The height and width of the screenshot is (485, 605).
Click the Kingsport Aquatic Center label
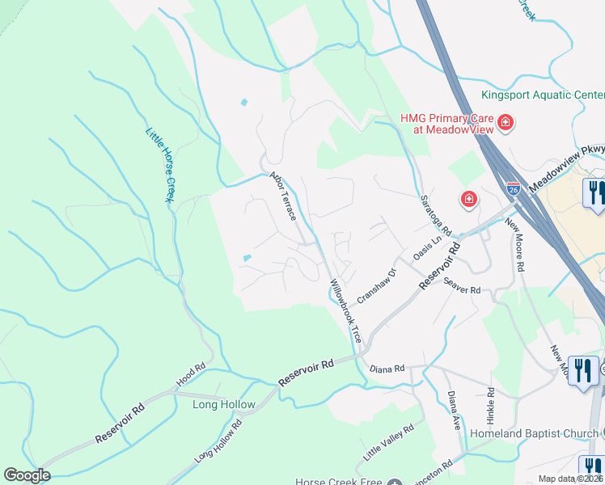tap(543, 95)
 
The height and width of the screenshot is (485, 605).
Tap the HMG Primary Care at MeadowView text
tap(447, 124)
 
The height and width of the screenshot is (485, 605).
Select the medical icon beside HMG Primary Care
tap(506, 123)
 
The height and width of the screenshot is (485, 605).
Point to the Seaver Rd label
tap(463, 285)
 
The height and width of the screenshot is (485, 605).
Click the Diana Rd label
tap(387, 369)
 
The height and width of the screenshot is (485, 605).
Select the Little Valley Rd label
tap(389, 436)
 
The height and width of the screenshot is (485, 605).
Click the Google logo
tap(27, 475)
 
